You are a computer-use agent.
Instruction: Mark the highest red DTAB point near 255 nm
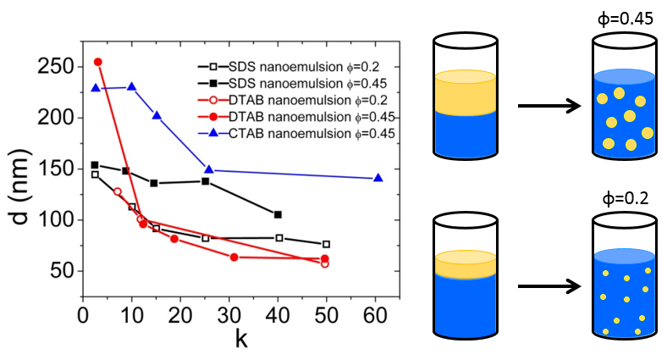97,62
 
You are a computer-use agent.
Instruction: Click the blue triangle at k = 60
378,177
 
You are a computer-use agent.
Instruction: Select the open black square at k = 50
326,244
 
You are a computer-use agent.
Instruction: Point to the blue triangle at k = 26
208,169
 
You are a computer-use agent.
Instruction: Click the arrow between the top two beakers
548,106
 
